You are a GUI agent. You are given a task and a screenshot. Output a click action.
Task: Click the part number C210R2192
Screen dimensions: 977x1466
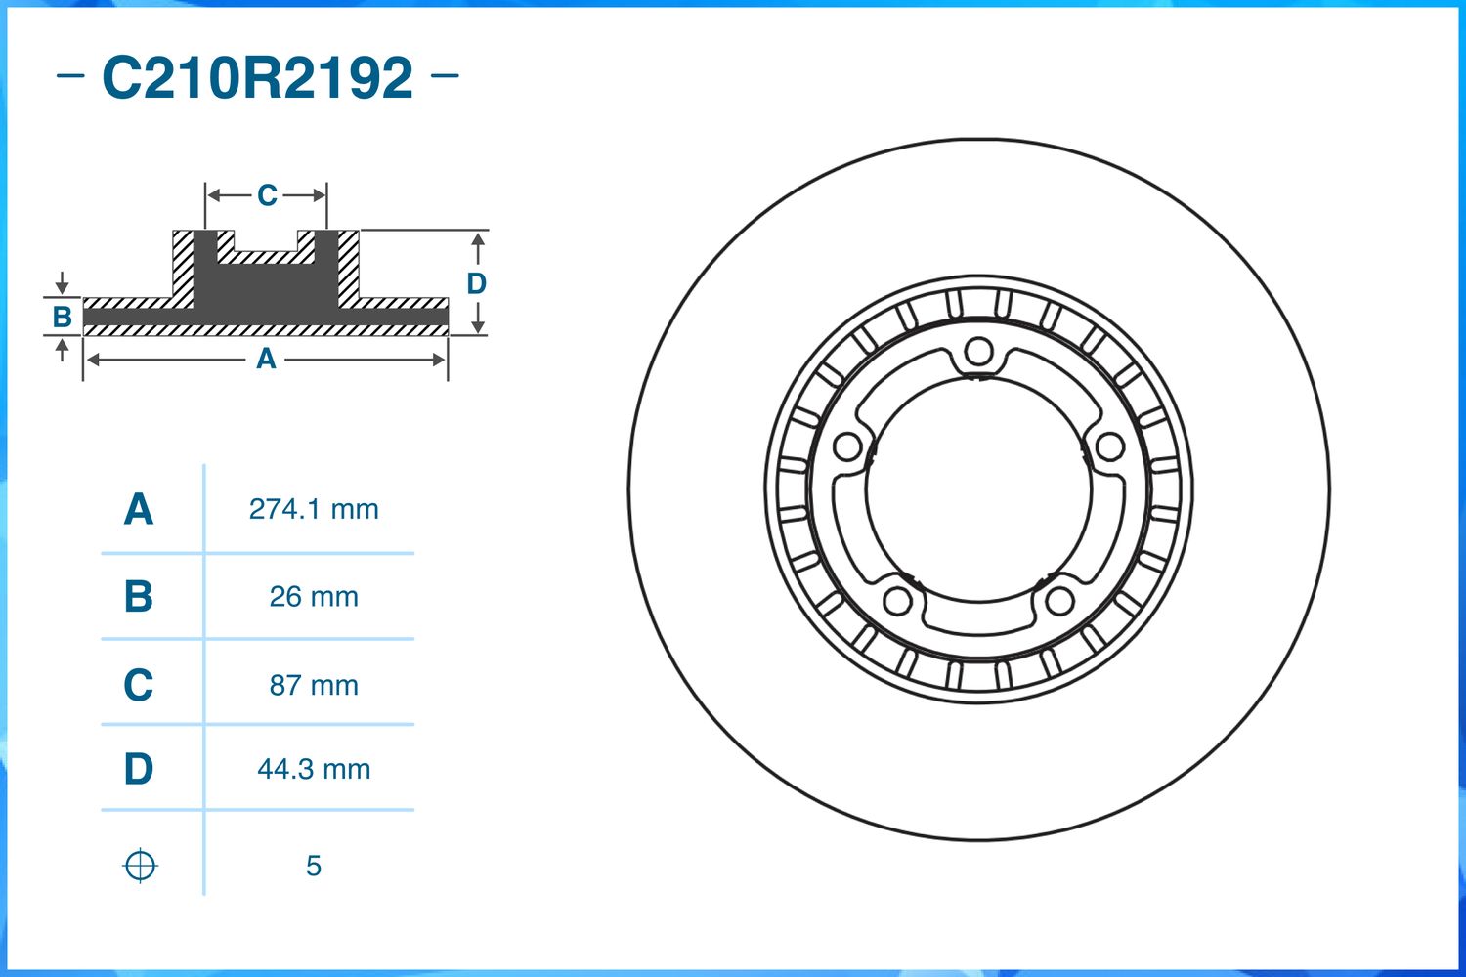point(257,77)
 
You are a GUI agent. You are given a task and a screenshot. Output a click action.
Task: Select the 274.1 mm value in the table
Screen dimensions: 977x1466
point(314,509)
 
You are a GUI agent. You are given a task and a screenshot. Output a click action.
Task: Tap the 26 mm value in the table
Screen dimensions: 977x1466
point(314,596)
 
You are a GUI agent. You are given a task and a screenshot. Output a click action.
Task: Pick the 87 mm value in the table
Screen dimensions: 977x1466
point(314,685)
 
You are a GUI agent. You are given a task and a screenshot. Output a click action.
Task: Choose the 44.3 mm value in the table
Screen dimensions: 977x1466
point(314,769)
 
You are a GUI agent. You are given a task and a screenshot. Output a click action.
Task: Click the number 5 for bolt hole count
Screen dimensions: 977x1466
point(313,866)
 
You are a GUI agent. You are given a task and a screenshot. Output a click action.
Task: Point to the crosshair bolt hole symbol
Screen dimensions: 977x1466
point(140,866)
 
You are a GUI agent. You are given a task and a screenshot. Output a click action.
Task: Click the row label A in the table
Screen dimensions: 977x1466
point(138,509)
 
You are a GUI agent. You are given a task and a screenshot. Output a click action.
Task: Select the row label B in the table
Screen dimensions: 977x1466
point(138,596)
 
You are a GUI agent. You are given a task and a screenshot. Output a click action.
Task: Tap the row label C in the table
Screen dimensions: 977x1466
point(138,685)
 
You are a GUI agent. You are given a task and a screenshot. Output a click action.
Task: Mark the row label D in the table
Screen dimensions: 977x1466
point(138,769)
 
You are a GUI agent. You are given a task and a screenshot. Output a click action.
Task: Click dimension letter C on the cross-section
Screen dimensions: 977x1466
point(267,195)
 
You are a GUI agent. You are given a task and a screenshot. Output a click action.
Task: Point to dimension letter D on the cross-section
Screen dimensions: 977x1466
point(476,283)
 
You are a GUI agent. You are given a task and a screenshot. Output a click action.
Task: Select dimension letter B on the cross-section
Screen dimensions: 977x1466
point(62,317)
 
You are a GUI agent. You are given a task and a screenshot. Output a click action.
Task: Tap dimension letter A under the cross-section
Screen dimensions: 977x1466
point(266,360)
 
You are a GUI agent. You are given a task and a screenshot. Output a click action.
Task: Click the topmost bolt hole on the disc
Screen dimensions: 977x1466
point(978,352)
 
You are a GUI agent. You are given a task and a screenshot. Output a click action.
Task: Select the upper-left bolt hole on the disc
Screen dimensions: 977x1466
point(847,447)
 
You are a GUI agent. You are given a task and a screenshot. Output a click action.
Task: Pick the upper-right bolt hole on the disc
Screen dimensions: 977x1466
point(1109,446)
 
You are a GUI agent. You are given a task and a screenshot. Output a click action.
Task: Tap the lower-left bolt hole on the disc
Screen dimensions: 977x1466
point(897,600)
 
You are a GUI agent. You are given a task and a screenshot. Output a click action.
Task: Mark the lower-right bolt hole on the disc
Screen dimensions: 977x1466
point(1059,600)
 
